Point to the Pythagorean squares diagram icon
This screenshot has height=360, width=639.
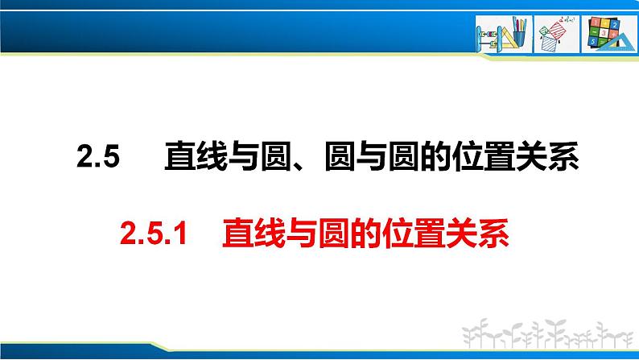coord(553,35)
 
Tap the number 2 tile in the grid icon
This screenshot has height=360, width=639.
coord(614,25)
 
